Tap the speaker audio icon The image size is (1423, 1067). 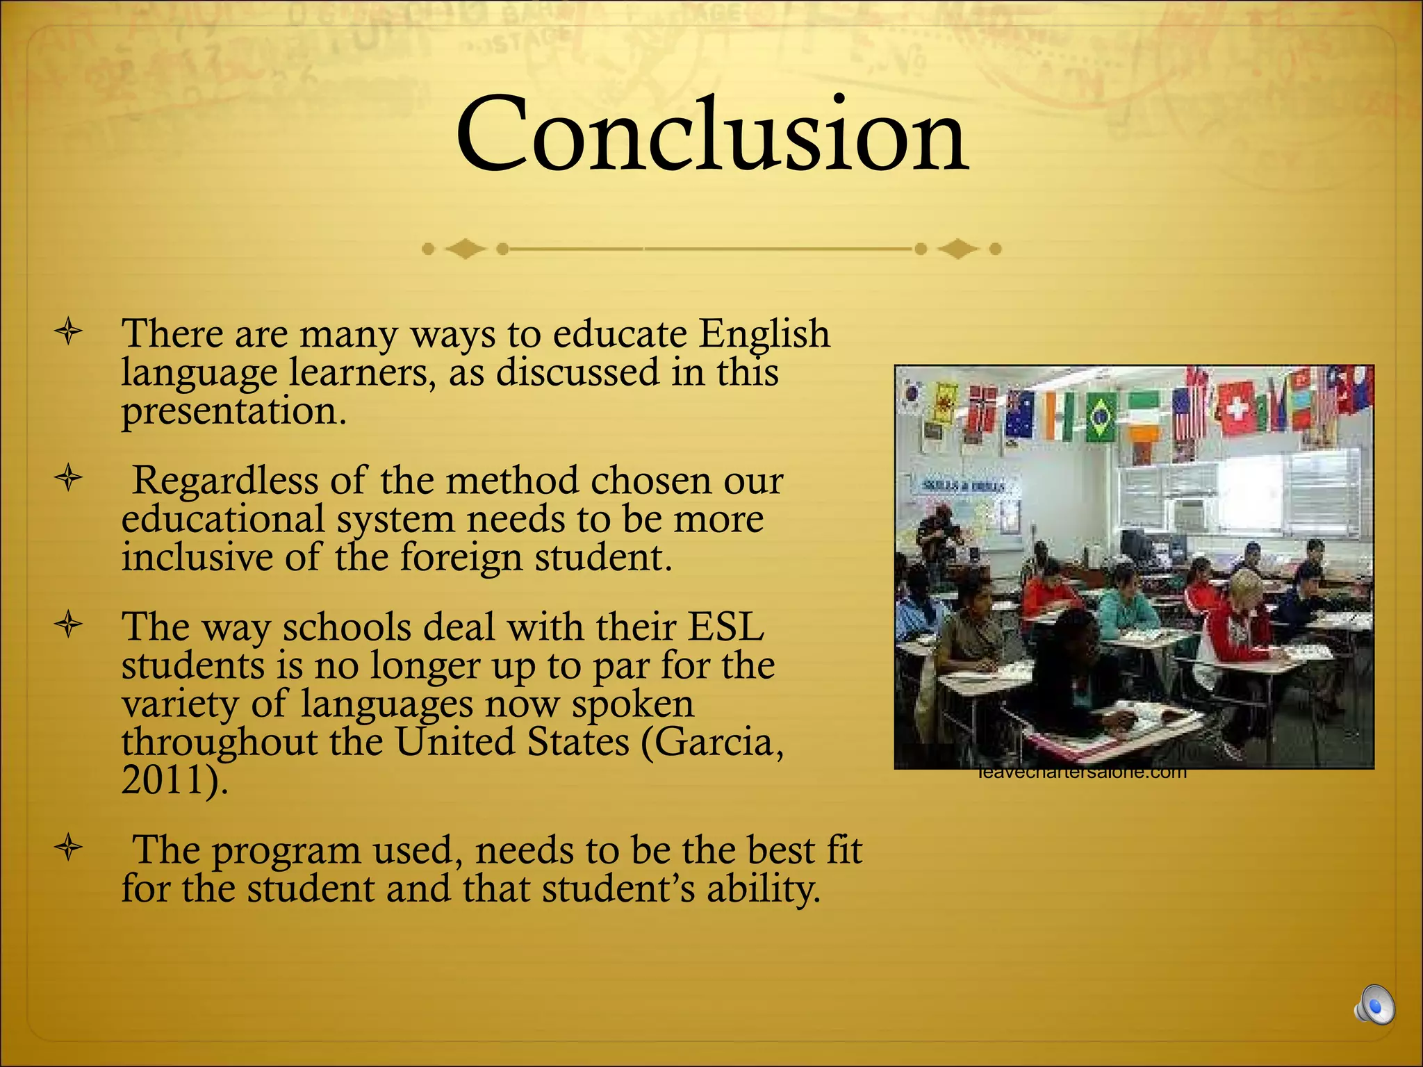pyautogui.click(x=1374, y=1004)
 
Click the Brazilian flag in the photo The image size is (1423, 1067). pyautogui.click(x=1101, y=417)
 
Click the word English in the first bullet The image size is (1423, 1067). pyautogui.click(x=764, y=333)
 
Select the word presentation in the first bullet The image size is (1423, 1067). pyautogui.click(x=233, y=411)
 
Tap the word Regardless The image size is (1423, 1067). pyautogui.click(x=225, y=481)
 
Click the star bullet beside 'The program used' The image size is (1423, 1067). pyautogui.click(x=69, y=848)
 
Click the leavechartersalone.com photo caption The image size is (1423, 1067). pyautogui.click(x=1082, y=773)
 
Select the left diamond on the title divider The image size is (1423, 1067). pyautogui.click(x=465, y=249)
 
